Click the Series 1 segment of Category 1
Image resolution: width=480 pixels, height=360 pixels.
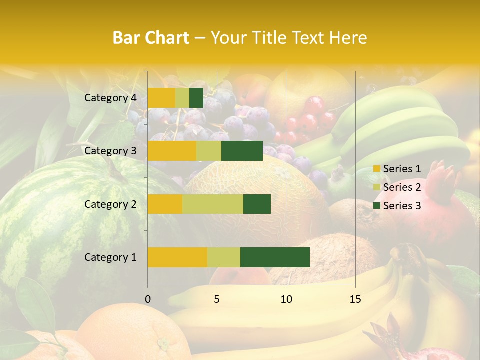pos(177,257)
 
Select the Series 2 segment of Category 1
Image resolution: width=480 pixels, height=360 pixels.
pos(224,257)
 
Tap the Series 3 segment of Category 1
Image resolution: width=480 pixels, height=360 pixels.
pos(275,257)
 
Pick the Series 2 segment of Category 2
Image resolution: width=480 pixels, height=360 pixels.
pos(213,204)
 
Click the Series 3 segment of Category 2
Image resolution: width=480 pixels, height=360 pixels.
pos(257,204)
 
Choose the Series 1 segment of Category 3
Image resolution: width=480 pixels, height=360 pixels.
pos(172,151)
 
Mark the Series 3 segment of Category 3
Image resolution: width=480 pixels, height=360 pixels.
pos(242,151)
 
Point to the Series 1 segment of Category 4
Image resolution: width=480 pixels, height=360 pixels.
pos(161,98)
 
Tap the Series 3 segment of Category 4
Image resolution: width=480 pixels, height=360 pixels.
pos(196,98)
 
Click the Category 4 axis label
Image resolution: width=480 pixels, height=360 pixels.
pos(110,98)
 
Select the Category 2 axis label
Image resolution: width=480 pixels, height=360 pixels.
pos(110,204)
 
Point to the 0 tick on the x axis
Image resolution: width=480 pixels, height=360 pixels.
pos(148,299)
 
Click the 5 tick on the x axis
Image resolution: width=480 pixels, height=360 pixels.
pos(217,299)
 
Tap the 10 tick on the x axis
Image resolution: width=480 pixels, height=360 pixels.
pos(286,299)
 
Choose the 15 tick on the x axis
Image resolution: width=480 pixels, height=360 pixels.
pos(355,299)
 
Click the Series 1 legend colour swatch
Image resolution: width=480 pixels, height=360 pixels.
pos(376,169)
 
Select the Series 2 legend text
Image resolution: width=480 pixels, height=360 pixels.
pos(402,187)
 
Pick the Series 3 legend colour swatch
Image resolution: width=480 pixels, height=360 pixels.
pos(376,206)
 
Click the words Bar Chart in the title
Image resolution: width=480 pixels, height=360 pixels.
pos(151,37)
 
